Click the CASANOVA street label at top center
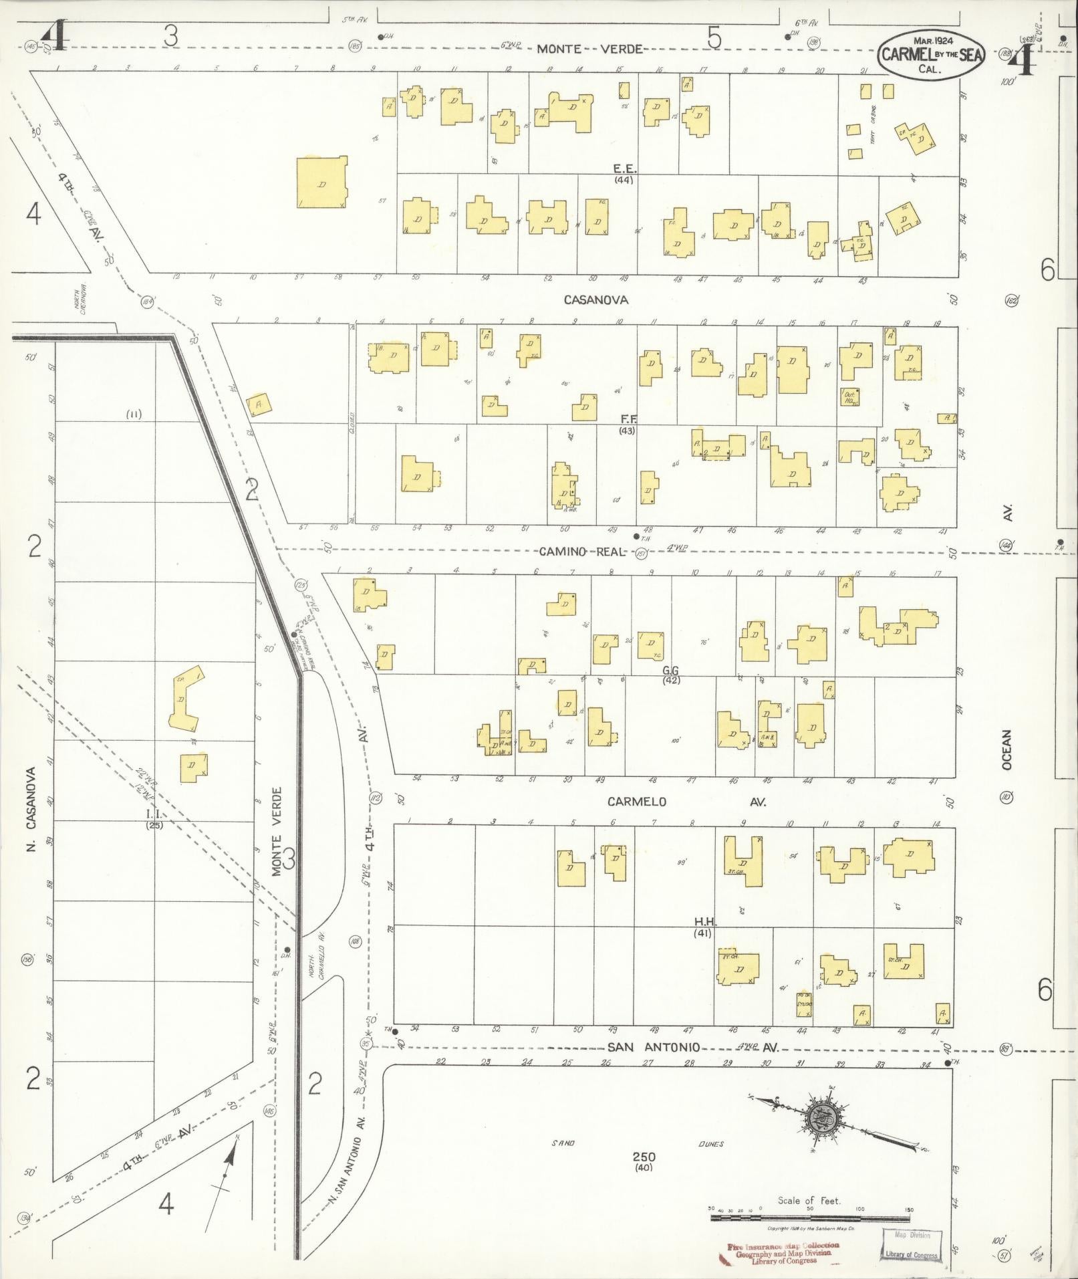click(596, 300)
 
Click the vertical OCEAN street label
click(1007, 749)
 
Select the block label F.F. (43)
click(627, 425)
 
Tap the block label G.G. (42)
click(671, 675)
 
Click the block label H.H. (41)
click(702, 927)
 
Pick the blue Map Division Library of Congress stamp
click(912, 1246)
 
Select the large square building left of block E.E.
click(322, 183)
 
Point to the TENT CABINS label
click(872, 124)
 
